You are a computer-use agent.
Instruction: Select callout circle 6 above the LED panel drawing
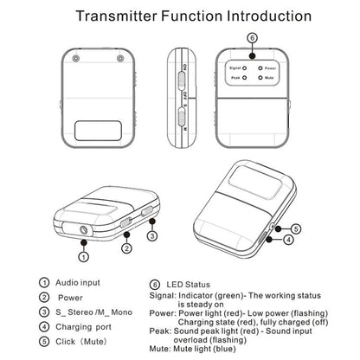(x=252, y=38)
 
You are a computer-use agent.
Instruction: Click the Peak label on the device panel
(x=235, y=77)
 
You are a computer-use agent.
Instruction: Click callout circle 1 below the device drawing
(x=84, y=255)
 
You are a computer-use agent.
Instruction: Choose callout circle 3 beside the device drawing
(x=151, y=235)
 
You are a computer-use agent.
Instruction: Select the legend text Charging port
(x=83, y=327)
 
